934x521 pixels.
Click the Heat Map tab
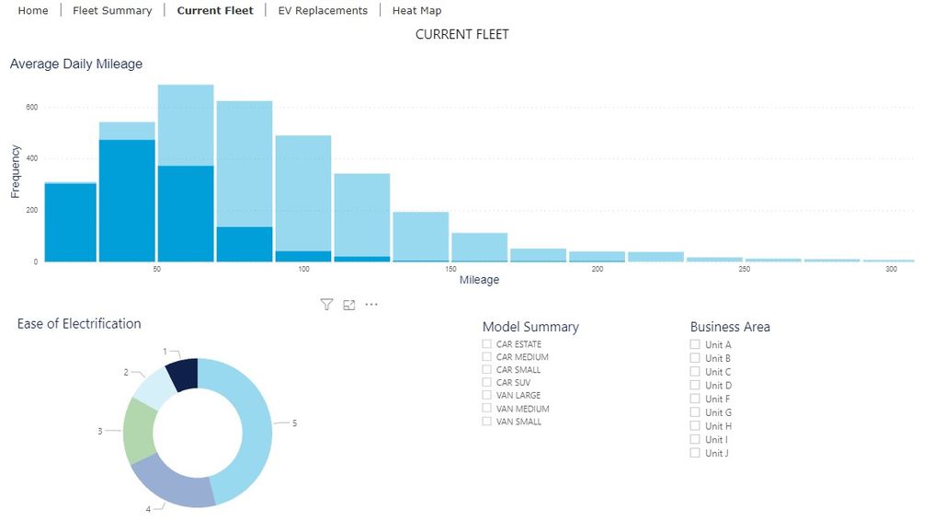coord(416,11)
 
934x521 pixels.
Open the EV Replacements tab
coord(323,11)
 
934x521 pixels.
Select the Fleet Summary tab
coord(112,11)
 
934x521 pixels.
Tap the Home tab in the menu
coord(33,11)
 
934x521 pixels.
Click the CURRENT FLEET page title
coord(461,35)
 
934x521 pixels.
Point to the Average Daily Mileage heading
coord(76,64)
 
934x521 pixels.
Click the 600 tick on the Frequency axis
coord(31,108)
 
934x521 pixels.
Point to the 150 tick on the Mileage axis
coord(450,269)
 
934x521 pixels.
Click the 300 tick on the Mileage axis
coord(891,269)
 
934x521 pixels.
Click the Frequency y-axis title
coord(16,170)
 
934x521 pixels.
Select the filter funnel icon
coord(326,305)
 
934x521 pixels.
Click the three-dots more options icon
coord(371,305)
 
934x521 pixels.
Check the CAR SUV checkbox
coord(487,383)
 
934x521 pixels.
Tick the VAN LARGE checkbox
coord(487,396)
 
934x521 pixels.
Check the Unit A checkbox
coord(696,345)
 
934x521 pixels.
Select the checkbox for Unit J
coord(696,453)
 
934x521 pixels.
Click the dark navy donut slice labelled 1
coord(183,374)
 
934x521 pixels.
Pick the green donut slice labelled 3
coord(138,431)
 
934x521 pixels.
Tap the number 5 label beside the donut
coord(294,423)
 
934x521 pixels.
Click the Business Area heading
coord(730,327)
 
